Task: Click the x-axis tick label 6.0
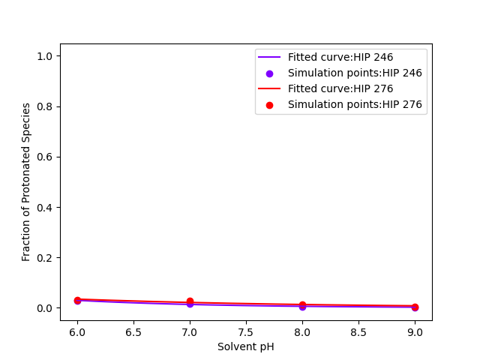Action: [77, 331]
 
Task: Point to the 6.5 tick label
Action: [133, 331]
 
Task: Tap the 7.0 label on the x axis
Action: [190, 331]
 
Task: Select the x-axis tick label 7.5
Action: [246, 331]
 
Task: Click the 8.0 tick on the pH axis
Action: [302, 331]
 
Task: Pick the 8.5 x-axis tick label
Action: [358, 331]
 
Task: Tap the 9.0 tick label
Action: [415, 331]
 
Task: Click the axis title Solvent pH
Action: [246, 346]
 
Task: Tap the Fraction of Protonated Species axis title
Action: [26, 182]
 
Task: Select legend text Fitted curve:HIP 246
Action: [340, 57]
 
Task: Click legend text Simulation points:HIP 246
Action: [355, 73]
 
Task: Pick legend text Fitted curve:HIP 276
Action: [340, 88]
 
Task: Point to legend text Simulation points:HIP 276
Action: [355, 105]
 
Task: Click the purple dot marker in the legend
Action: [269, 73]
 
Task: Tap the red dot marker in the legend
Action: [269, 105]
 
